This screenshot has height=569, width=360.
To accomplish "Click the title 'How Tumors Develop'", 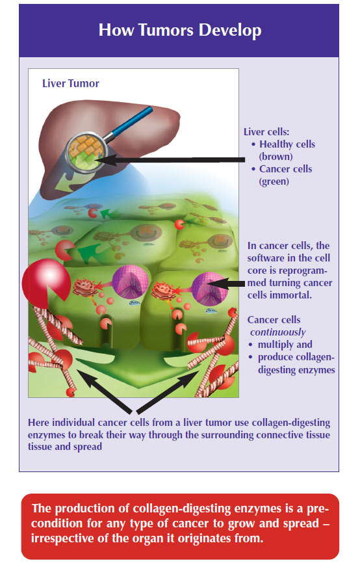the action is (x=180, y=30).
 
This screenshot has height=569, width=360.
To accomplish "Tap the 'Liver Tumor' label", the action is (x=71, y=83).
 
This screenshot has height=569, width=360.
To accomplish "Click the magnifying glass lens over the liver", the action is (x=86, y=151).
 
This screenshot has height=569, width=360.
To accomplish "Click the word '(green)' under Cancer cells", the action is (x=274, y=181).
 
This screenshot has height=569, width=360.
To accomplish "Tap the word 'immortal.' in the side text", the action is (x=295, y=295).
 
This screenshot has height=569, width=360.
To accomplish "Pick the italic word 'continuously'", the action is (x=277, y=332).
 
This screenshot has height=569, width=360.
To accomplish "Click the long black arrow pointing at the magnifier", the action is (x=170, y=160).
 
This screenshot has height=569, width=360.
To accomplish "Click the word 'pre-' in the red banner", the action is (x=318, y=509).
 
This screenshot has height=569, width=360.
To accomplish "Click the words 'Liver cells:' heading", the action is (x=266, y=132).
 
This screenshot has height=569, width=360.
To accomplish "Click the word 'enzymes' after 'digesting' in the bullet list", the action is (x=315, y=370).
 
